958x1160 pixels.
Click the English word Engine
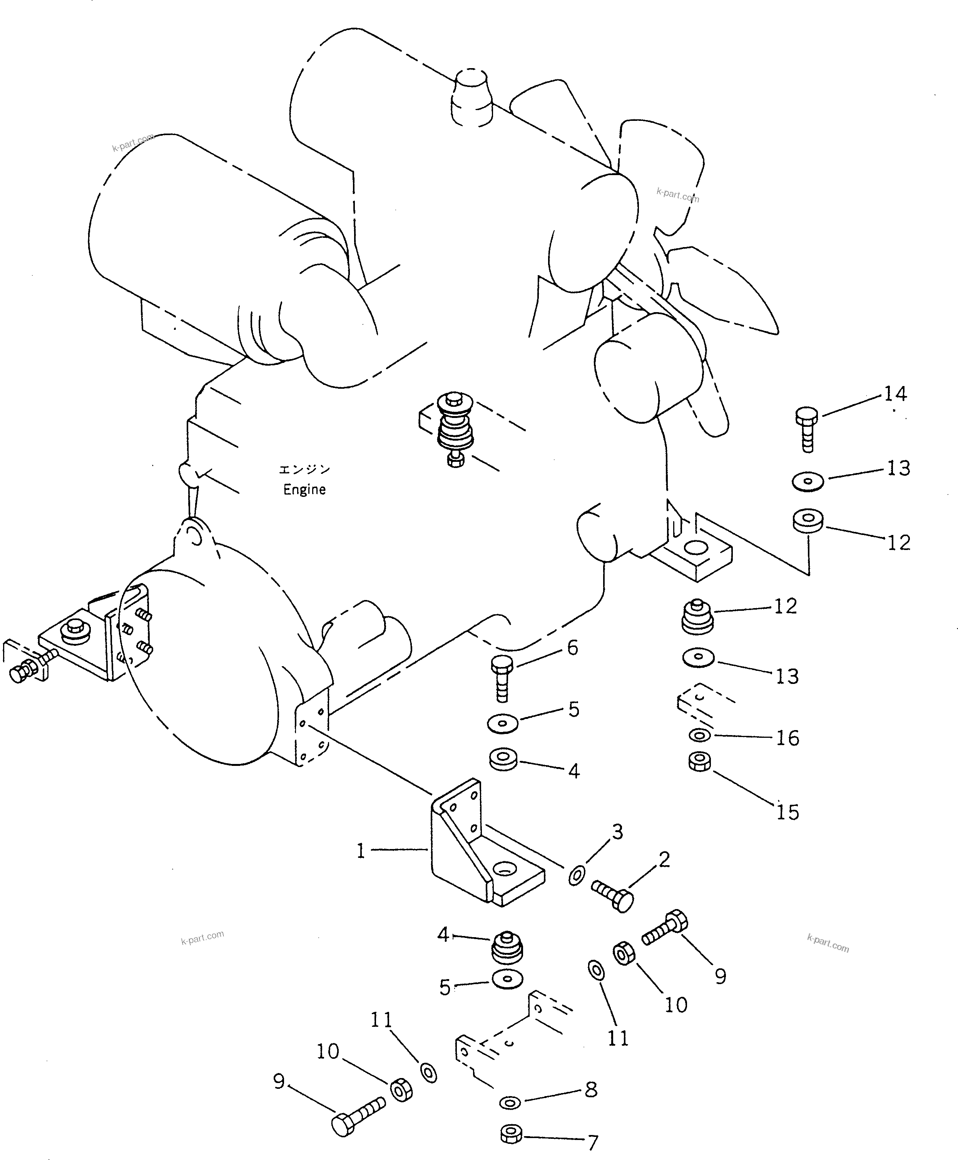304,490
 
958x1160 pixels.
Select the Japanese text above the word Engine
304,469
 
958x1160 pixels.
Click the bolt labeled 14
808,430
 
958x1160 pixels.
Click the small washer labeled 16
699,735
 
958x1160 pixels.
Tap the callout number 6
573,648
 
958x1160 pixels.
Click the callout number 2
664,859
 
